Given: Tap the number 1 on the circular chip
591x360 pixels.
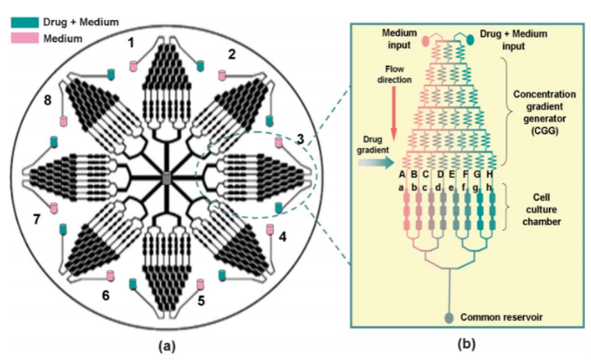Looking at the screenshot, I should coord(131,42).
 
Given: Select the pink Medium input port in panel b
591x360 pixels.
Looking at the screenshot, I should coord(425,40).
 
